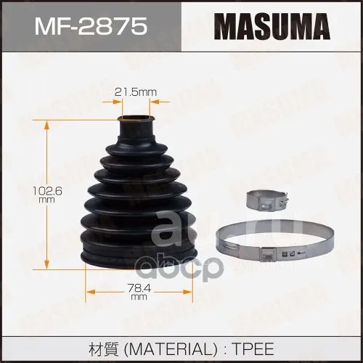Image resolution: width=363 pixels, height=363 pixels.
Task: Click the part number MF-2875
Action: pyautogui.click(x=91, y=26)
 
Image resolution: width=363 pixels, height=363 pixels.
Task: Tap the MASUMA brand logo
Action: pyautogui.click(x=272, y=26)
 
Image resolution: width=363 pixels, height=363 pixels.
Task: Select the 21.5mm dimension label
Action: pyautogui.click(x=136, y=92)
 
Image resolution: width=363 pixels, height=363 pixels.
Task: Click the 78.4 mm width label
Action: pyautogui.click(x=139, y=292)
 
